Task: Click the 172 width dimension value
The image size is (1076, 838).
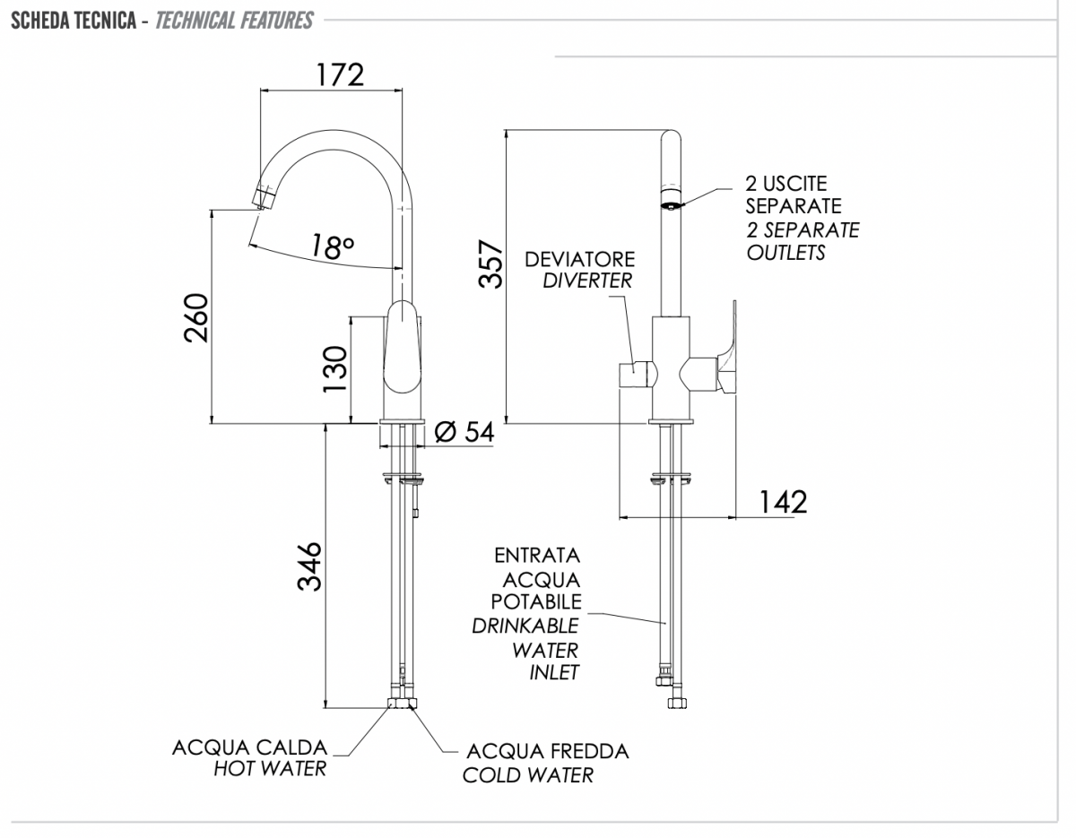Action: coord(340,74)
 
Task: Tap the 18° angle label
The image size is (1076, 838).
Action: coord(333,246)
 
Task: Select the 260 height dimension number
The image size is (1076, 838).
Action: coord(196,318)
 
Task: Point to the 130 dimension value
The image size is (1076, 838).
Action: coord(335,369)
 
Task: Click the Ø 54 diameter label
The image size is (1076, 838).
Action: coord(464,432)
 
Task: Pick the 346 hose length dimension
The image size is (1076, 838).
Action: coord(309,566)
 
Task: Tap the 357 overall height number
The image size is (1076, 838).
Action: coord(490,263)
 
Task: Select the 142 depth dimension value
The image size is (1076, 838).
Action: coord(783,502)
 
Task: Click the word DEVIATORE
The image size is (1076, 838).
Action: coord(579,259)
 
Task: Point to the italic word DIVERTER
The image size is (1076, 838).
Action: coord(587,281)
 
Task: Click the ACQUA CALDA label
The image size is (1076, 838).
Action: coord(249,747)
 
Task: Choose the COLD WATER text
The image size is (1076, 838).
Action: coord(528,775)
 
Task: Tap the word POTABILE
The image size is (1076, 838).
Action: coord(536,602)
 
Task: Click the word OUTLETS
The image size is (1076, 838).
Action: coord(785,253)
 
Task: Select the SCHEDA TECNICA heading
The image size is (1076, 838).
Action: coord(74,21)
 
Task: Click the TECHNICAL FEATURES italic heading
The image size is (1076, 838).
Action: coord(234,21)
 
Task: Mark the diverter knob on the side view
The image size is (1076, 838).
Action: coord(638,375)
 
